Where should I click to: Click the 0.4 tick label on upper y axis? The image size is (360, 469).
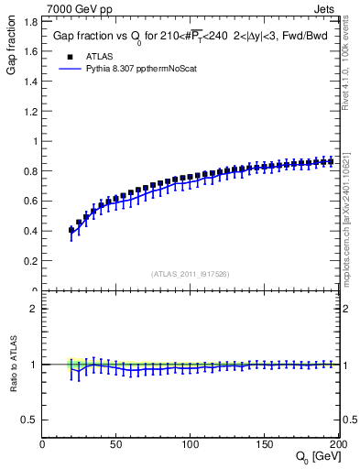tap(29, 231)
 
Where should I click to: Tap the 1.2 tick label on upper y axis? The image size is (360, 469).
tap(29, 112)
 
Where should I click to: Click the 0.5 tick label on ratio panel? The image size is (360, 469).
tap(29, 420)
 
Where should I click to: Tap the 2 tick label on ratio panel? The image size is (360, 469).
tap(33, 309)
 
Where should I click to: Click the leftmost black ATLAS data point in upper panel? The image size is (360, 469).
tap(72, 231)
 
